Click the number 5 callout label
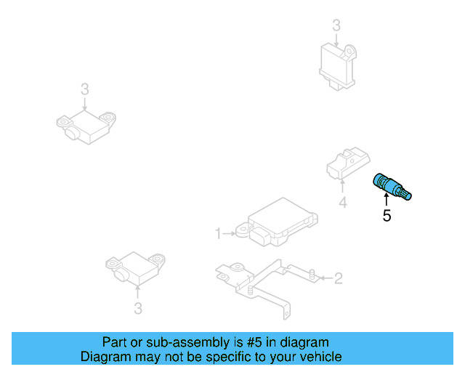(x=387, y=216)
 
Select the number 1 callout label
(x=217, y=233)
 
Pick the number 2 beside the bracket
(x=338, y=278)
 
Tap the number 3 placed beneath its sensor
(x=138, y=309)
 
